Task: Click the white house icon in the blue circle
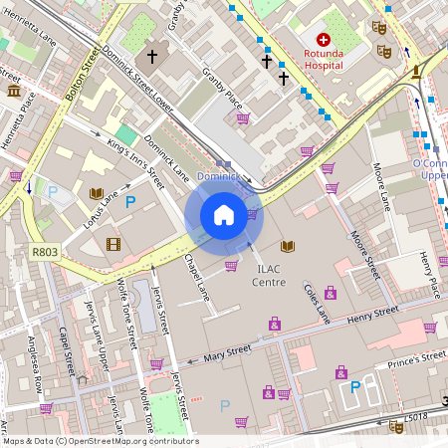pyautogui.click(x=224, y=215)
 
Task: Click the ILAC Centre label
pyautogui.click(x=269, y=275)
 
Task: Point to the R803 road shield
pyautogui.click(x=45, y=253)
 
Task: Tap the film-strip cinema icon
pyautogui.click(x=112, y=244)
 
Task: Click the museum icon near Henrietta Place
pyautogui.click(x=15, y=92)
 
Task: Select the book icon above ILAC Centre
pyautogui.click(x=288, y=246)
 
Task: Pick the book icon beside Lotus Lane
pyautogui.click(x=97, y=193)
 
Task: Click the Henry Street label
pyautogui.click(x=373, y=317)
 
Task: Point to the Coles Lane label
pyautogui.click(x=317, y=301)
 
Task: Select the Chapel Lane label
pyautogui.click(x=198, y=279)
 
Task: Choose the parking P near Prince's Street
pyautogui.click(x=354, y=387)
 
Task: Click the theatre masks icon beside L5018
pyautogui.click(x=396, y=425)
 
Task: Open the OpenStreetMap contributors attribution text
pyautogui.click(x=100, y=441)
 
